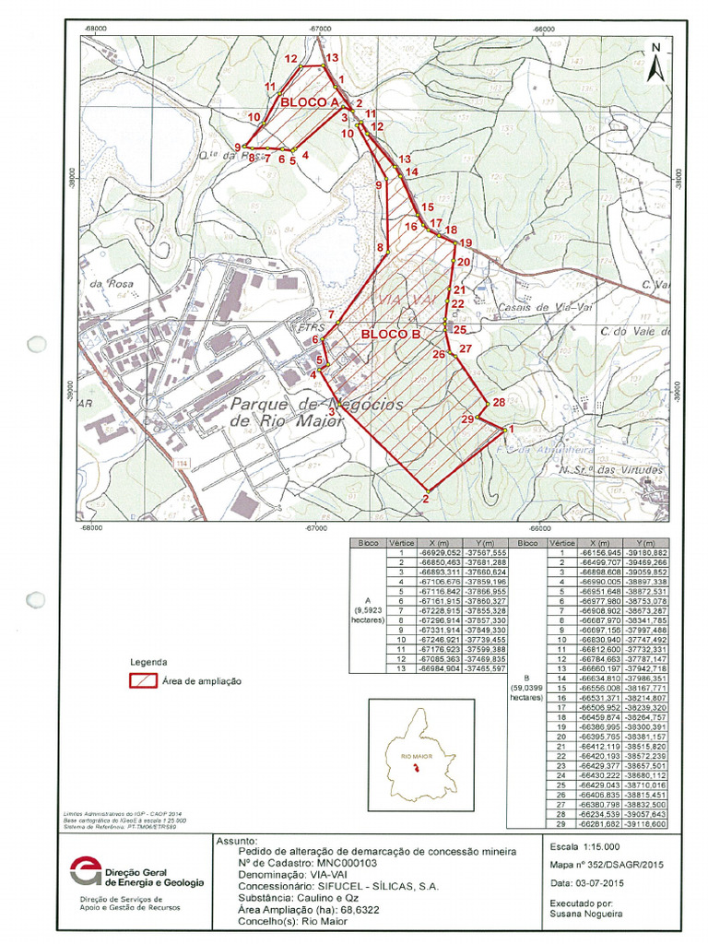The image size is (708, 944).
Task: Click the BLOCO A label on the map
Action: (311, 101)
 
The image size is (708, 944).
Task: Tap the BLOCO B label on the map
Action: (390, 334)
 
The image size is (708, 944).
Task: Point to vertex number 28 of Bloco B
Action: (488, 404)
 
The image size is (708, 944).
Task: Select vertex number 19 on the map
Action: (455, 242)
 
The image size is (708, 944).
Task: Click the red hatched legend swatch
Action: (142, 681)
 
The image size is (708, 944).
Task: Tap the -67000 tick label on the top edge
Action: (319, 29)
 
